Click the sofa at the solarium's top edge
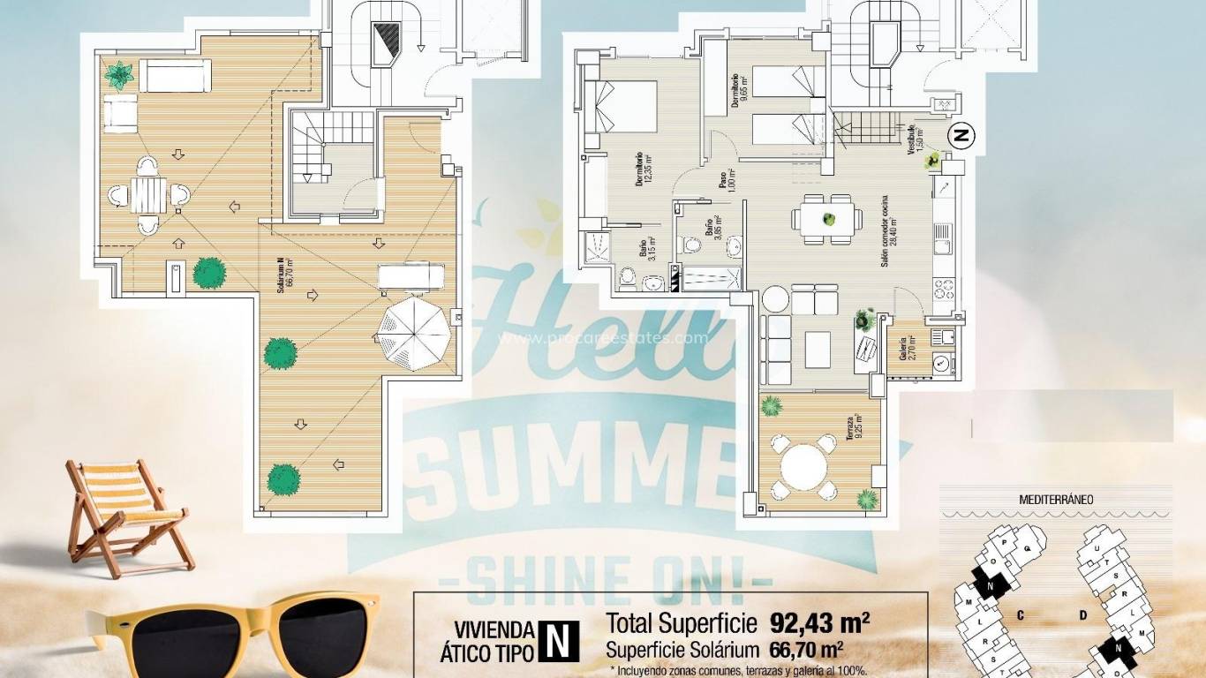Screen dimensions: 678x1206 tap(175, 77)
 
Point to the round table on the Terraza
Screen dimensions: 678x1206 tap(803, 465)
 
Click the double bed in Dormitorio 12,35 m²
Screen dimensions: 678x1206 tap(622, 106)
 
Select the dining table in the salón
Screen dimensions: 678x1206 tap(828, 218)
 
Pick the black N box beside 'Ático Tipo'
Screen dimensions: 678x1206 tap(558, 642)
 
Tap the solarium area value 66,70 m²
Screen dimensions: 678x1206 tap(801, 651)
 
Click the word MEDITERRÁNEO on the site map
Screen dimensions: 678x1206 tap(1056, 499)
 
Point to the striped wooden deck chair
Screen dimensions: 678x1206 tap(126, 516)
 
